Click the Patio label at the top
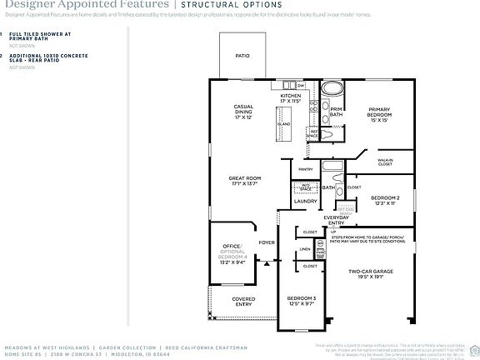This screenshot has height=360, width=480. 242,56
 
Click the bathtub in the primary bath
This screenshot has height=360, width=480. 332,87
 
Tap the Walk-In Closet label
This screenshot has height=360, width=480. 384,161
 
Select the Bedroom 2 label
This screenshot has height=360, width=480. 385,201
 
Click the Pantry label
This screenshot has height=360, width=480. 305,169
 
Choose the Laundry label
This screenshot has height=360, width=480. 304,201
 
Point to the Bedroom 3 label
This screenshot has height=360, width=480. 302,301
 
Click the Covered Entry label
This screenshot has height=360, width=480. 243,301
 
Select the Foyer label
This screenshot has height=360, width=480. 266,242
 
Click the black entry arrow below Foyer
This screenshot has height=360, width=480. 267,261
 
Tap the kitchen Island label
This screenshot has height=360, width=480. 284,123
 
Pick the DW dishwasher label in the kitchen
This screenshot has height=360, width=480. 300,85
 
